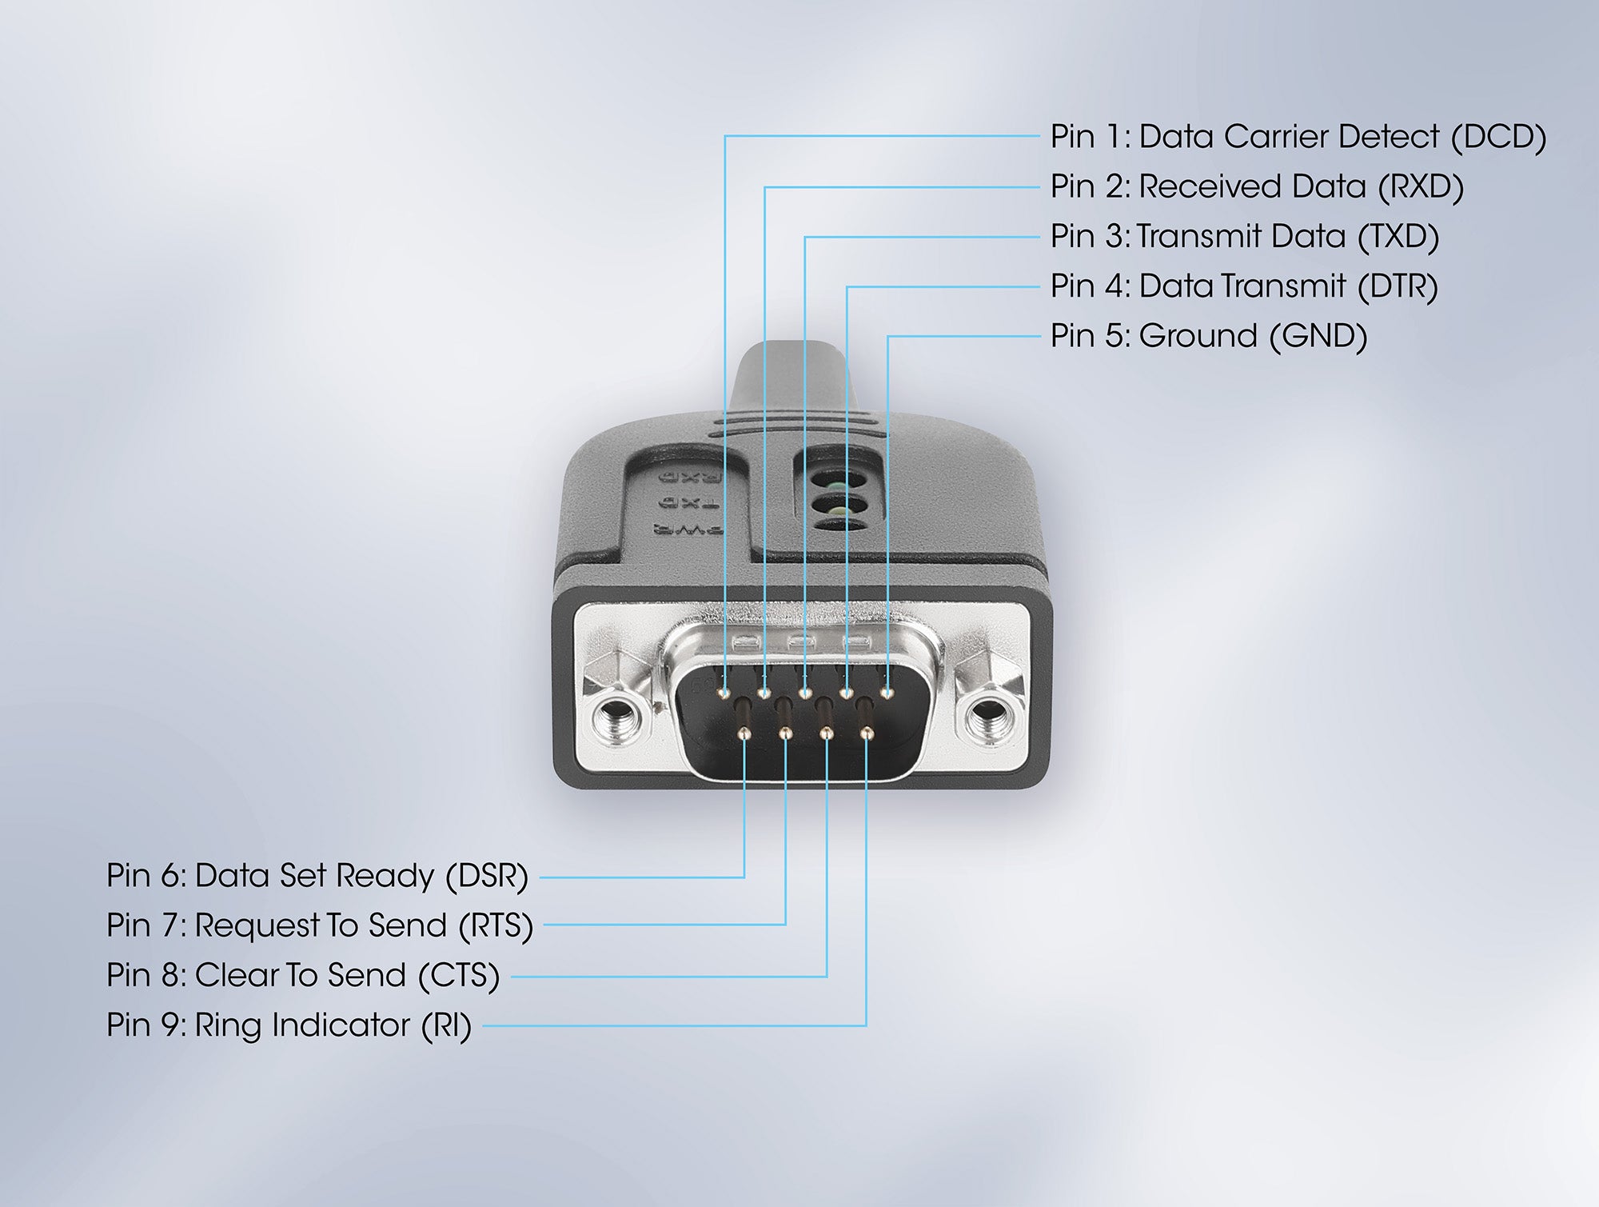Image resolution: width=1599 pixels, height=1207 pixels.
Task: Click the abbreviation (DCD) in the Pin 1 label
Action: (1498, 137)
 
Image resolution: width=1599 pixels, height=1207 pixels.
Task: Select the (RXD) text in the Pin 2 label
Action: (1421, 186)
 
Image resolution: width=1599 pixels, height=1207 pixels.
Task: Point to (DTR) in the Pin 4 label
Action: (1398, 286)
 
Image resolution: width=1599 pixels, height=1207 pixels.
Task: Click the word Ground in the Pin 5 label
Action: (1198, 335)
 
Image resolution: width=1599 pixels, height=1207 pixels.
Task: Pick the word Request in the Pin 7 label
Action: (258, 926)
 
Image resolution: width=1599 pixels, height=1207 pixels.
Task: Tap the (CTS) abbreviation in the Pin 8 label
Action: (459, 975)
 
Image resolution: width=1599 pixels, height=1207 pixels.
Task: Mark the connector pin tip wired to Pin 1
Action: (725, 692)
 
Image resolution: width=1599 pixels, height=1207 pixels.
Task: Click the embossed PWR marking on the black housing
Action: (688, 529)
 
